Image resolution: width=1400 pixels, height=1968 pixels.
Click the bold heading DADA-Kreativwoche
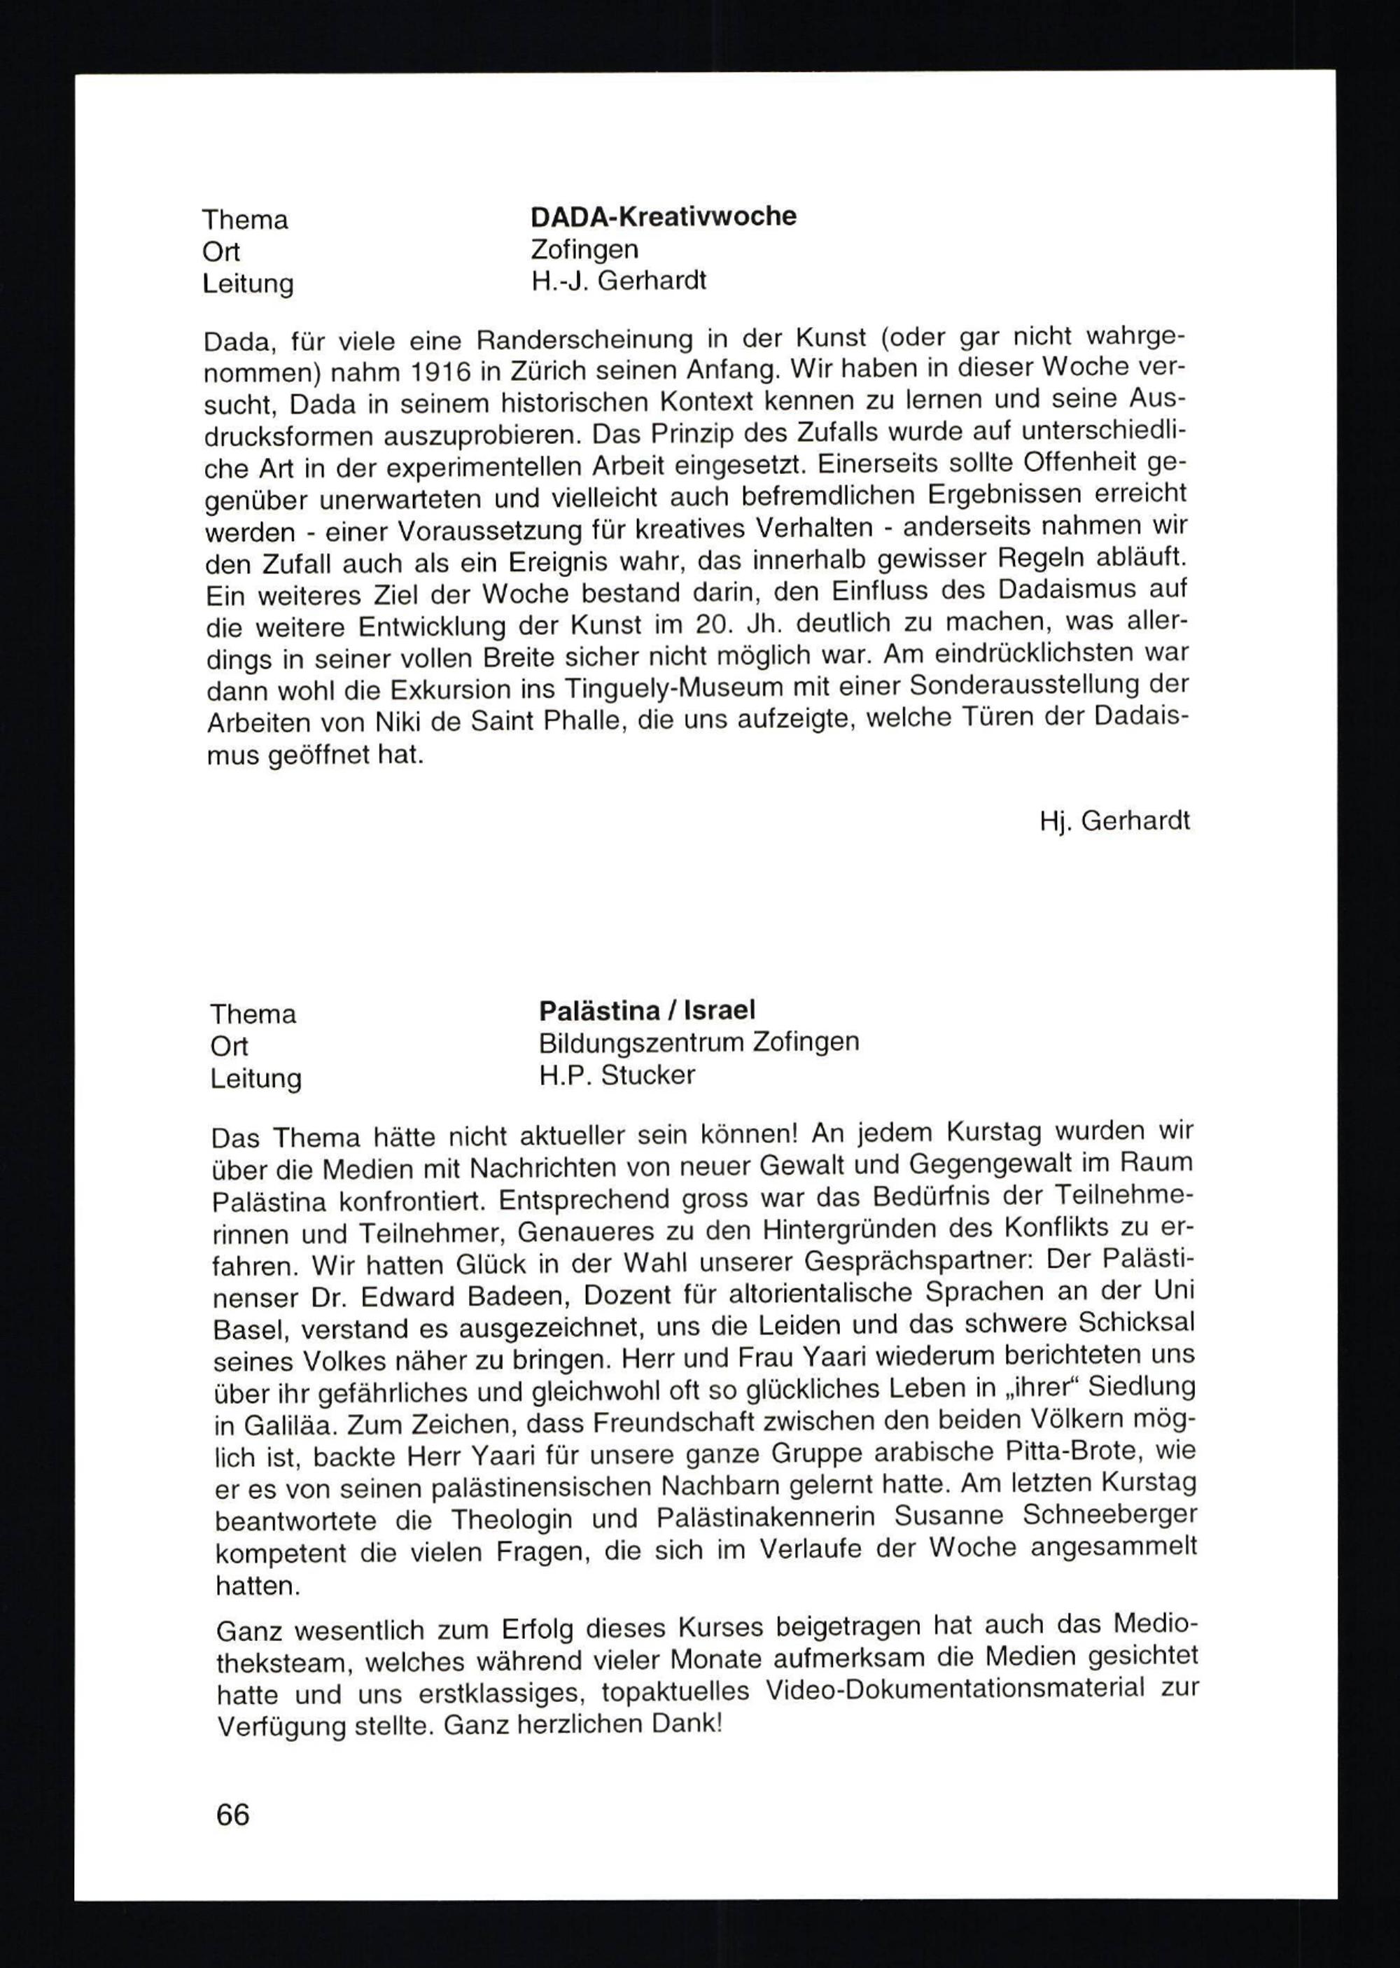tap(663, 216)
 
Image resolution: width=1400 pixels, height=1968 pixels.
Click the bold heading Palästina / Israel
tap(647, 1010)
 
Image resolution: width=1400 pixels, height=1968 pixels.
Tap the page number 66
tap(233, 1815)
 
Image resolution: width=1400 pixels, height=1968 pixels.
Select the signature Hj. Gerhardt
tap(1114, 821)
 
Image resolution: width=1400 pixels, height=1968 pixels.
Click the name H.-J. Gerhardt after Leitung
tap(618, 281)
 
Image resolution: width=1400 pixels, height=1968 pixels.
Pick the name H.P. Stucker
tap(617, 1075)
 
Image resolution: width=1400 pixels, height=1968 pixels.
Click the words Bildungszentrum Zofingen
tap(699, 1042)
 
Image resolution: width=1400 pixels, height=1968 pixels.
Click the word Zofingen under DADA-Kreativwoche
tap(584, 249)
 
